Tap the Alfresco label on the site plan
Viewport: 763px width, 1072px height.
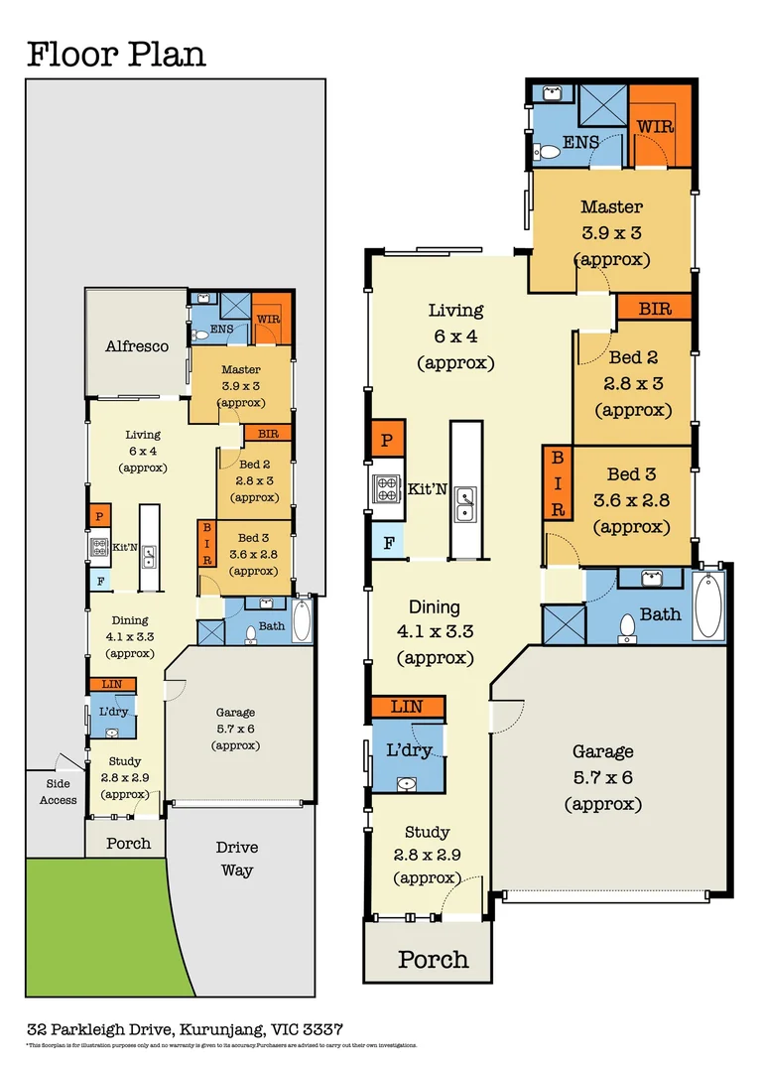point(137,346)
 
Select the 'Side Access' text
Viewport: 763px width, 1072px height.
point(58,792)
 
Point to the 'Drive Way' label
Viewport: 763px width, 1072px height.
point(236,859)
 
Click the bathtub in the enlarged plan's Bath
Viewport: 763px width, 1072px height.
point(708,605)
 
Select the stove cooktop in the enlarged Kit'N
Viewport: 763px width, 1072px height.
point(385,489)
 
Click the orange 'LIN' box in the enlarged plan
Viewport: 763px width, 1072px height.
point(407,707)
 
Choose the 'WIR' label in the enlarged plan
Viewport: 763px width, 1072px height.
point(656,127)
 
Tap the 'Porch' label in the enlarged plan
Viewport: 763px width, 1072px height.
point(433,959)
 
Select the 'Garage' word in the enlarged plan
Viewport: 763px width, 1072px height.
point(602,751)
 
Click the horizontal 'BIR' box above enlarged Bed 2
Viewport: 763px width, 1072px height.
point(654,308)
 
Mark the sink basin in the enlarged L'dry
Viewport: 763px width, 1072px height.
point(406,784)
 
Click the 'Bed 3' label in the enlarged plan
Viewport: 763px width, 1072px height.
point(638,474)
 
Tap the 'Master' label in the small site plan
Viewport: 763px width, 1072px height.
point(240,369)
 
